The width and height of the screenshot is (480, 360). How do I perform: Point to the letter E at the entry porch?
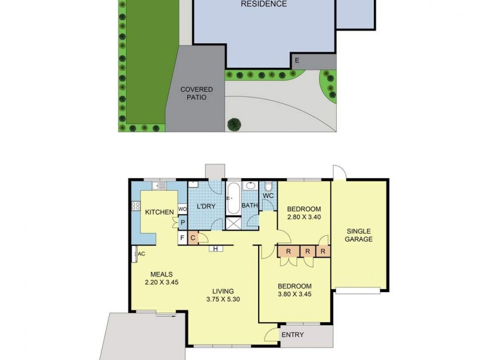pyautogui.click(x=296, y=61)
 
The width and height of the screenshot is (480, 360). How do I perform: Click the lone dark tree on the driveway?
pyautogui.click(x=233, y=124)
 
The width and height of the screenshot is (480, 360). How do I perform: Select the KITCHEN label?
pyautogui.click(x=160, y=212)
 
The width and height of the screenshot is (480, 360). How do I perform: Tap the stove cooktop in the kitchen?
pyautogui.click(x=136, y=206)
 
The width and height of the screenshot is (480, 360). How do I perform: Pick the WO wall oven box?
pyautogui.click(x=182, y=209)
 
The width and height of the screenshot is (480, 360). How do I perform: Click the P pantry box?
pyautogui.click(x=182, y=223)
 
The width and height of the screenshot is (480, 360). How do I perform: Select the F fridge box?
pyautogui.click(x=182, y=238)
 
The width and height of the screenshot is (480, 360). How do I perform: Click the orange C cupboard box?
pyautogui.click(x=193, y=238)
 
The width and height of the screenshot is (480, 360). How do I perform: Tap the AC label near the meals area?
pyautogui.click(x=142, y=254)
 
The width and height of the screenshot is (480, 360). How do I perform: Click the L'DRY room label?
pyautogui.click(x=206, y=207)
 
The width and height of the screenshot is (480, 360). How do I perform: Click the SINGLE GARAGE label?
pyautogui.click(x=358, y=235)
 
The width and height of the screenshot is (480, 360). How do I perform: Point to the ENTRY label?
pyautogui.click(x=292, y=335)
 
